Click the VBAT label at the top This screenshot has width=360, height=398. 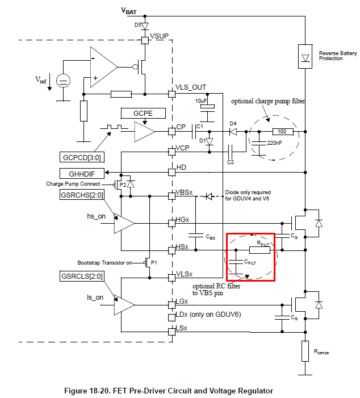pos(129,10)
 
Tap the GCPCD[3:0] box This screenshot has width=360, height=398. pos(81,156)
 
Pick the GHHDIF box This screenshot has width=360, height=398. pos(79,173)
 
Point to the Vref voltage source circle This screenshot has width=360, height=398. pos(64,81)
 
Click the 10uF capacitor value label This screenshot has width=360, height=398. pos(200,100)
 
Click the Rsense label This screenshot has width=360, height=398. pos(321,352)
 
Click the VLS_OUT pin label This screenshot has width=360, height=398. pos(191,87)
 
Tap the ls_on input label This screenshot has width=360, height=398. pos(95,297)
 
